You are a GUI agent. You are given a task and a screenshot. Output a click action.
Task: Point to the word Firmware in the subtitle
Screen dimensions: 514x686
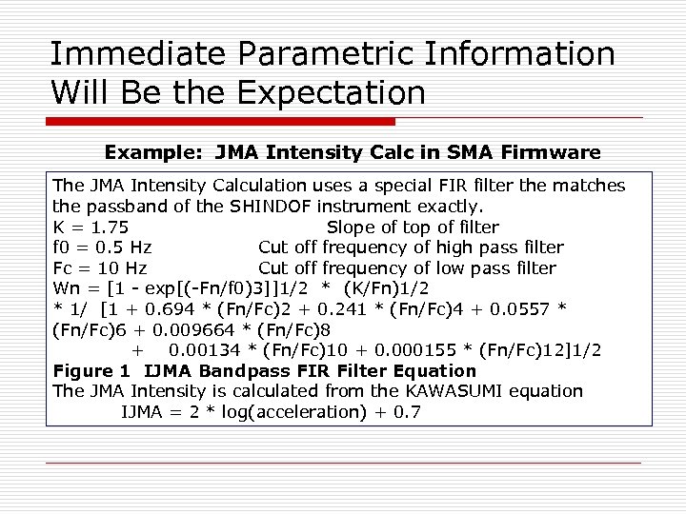(x=554, y=152)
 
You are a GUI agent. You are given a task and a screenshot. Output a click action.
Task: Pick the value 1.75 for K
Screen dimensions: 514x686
(x=111, y=227)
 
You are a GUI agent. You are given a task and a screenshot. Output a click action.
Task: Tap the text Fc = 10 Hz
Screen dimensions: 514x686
(x=100, y=268)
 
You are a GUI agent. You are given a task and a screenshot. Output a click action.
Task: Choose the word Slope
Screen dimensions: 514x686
(x=352, y=227)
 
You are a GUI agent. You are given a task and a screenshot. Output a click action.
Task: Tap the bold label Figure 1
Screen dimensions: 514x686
(x=95, y=371)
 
